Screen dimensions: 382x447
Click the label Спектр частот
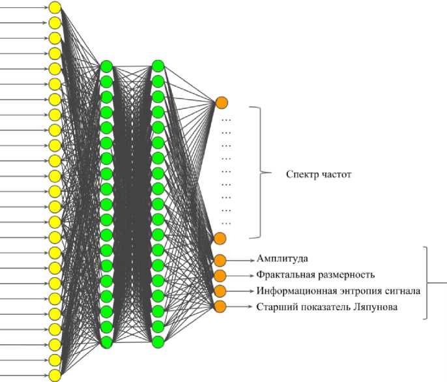(x=319, y=175)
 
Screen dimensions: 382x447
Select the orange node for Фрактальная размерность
(x=220, y=275)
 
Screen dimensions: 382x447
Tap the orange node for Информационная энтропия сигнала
(x=220, y=291)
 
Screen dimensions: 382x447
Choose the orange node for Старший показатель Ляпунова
(x=220, y=306)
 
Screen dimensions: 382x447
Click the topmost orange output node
(x=222, y=102)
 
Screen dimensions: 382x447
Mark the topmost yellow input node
(x=55, y=7)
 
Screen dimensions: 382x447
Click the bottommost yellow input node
(x=55, y=375)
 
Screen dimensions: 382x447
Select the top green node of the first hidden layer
(x=106, y=66)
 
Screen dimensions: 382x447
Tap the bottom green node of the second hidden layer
(x=157, y=341)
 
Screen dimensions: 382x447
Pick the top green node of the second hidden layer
(x=157, y=66)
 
